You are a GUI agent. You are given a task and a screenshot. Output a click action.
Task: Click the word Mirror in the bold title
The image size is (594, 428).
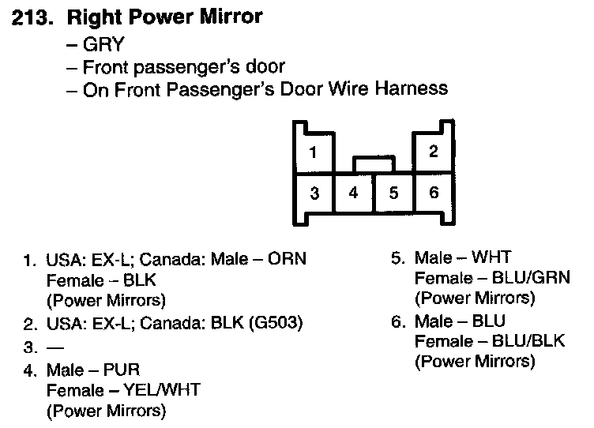227,16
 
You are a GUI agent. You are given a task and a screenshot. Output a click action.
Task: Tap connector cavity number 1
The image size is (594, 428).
314,152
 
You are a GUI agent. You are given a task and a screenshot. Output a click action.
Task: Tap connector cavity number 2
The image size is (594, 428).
434,152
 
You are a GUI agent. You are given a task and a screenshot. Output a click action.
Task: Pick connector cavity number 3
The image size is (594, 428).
314,193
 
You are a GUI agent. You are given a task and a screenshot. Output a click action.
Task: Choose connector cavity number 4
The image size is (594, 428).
353,193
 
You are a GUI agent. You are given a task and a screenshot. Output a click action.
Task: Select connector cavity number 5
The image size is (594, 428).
393,193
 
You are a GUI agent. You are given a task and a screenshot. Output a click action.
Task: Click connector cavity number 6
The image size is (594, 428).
434,193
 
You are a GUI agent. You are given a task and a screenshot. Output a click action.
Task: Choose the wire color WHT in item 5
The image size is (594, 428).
495,257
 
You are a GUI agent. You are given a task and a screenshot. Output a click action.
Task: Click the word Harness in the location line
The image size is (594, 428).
412,88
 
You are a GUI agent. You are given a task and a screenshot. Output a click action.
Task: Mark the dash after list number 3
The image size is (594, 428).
55,347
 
